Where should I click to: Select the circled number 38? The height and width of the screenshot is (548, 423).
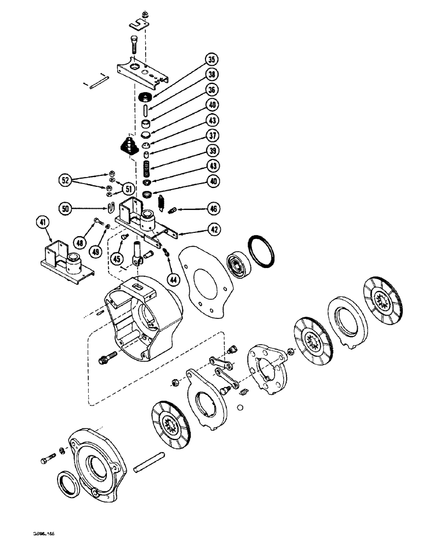[210, 76]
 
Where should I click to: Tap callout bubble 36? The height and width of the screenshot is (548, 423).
[210, 90]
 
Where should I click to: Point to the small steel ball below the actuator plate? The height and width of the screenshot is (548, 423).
[239, 407]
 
